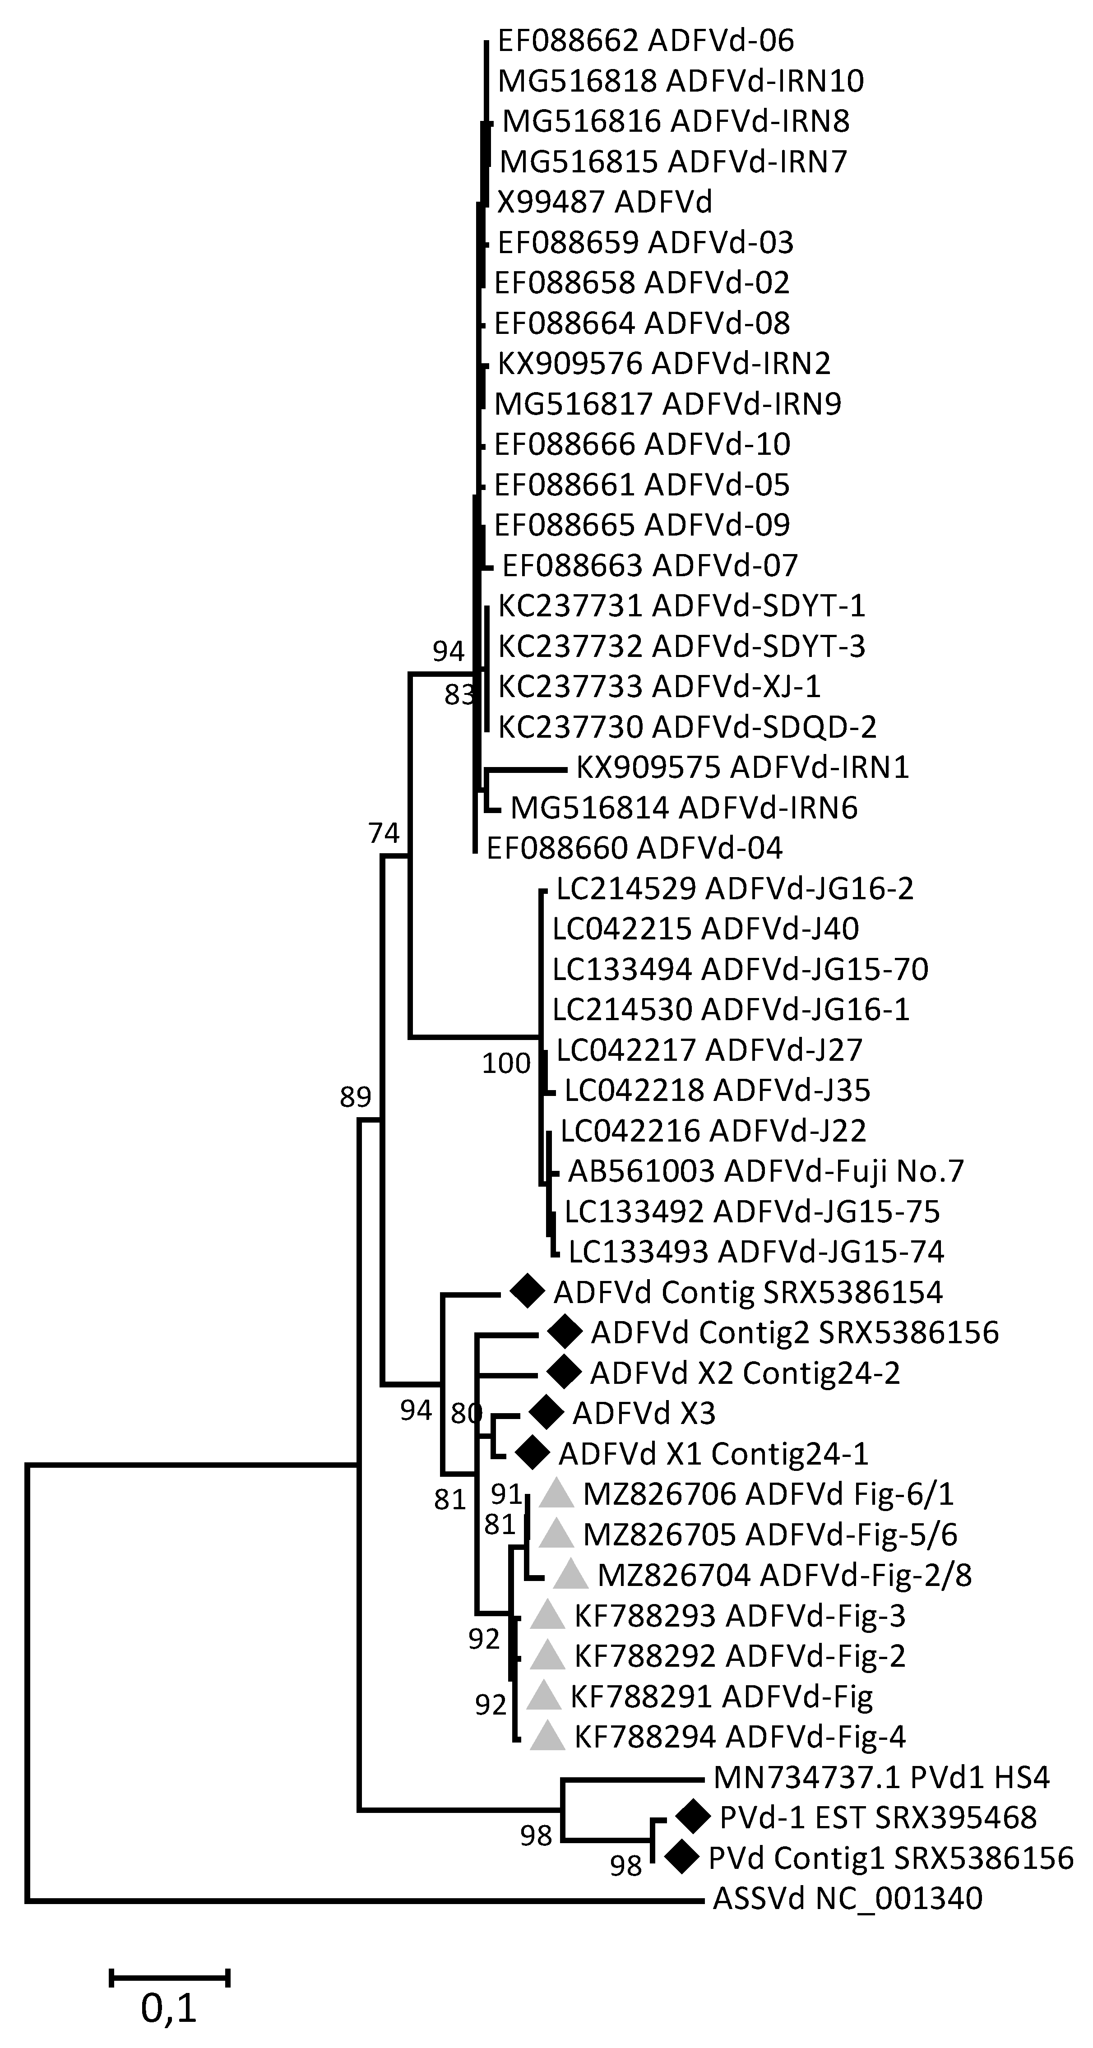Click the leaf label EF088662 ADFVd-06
click(645, 41)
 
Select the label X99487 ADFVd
click(605, 202)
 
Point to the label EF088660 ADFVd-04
click(634, 848)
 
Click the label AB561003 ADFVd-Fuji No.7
click(765, 1171)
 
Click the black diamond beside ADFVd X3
click(545, 1413)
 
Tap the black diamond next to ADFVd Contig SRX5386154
click(525, 1292)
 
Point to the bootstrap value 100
click(506, 1063)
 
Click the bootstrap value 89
click(355, 1097)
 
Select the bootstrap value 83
click(459, 696)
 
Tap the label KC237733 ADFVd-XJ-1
click(659, 686)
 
